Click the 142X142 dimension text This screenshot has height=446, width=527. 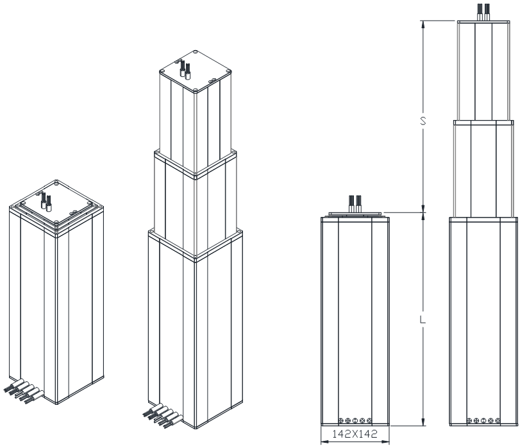pyautogui.click(x=355, y=434)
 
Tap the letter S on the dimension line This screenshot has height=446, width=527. pyautogui.click(x=422, y=121)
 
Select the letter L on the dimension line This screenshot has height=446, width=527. pyautogui.click(x=422, y=320)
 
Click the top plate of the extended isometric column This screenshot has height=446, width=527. pyautogui.click(x=196, y=71)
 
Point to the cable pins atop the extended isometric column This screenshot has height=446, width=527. pyautogui.click(x=185, y=69)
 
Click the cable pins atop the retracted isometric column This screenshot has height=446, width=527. pyautogui.click(x=46, y=202)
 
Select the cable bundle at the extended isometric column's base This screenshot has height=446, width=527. pyautogui.click(x=163, y=415)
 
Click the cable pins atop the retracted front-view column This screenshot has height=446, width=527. pyautogui.click(x=355, y=203)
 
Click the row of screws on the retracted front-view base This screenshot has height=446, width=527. pyautogui.click(x=355, y=420)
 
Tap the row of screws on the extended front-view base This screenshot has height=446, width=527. pyautogui.click(x=483, y=420)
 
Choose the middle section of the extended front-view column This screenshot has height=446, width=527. pyautogui.click(x=483, y=169)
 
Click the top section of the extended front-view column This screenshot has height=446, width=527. pyautogui.click(x=483, y=71)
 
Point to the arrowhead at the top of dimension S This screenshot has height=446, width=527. pyautogui.click(x=422, y=24)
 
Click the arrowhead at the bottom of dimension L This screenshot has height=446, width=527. pyautogui.click(x=422, y=422)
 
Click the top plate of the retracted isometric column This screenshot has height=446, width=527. pyautogui.click(x=56, y=205)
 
